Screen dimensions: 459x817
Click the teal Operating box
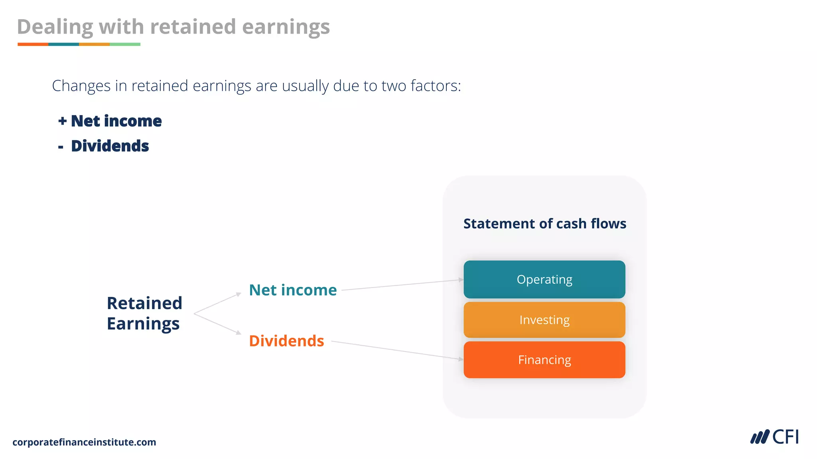coord(544,279)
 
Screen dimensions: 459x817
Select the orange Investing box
coord(544,320)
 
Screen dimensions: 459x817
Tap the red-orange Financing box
coord(544,360)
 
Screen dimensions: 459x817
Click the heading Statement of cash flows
coord(545,224)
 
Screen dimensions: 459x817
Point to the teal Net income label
coord(293,290)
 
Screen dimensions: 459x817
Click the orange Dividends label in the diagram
coord(286,341)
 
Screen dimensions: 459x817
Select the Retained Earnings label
coord(144,313)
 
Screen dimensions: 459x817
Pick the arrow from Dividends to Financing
coord(397,350)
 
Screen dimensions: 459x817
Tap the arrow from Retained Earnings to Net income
coord(218,304)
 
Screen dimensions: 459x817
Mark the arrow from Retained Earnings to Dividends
coord(218,324)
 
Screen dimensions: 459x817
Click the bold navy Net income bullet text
coord(116,121)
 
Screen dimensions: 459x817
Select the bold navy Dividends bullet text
coord(110,146)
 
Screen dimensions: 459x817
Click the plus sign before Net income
coord(62,121)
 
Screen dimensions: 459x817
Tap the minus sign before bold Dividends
coord(61,147)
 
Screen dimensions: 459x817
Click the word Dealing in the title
coord(55,27)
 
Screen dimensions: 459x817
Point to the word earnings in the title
coord(286,27)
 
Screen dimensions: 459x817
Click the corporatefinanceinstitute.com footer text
coord(84,442)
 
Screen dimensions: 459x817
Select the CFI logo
coord(774,437)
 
